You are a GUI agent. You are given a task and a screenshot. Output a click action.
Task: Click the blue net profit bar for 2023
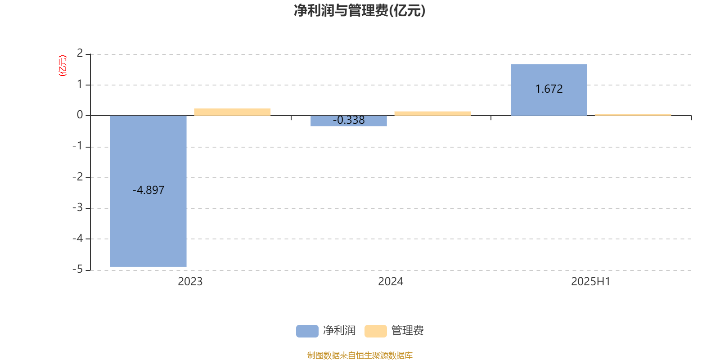point(148,191)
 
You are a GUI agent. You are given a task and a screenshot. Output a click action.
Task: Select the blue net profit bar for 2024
point(348,121)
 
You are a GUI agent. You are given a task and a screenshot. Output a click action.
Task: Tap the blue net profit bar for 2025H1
point(549,90)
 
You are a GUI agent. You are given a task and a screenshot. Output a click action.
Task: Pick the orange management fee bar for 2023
point(232,112)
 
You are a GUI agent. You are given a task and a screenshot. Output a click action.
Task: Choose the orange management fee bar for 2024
point(432,113)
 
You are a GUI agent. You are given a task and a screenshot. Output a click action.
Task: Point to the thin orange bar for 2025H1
point(633,115)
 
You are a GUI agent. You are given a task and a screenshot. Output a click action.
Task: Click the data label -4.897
point(148,190)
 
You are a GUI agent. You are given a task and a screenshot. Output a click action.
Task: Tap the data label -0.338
point(348,120)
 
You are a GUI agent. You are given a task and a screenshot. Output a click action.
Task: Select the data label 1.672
point(549,89)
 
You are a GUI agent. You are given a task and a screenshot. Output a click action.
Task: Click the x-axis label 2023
point(190,282)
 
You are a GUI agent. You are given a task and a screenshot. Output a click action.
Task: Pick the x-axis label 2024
point(390,282)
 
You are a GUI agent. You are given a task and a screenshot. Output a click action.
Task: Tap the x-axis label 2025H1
point(590,282)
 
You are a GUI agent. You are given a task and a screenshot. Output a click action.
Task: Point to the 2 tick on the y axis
point(80,53)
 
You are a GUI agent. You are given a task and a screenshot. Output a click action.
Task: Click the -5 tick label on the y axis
point(77,269)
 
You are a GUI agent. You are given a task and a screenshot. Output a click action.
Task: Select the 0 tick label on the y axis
point(80,115)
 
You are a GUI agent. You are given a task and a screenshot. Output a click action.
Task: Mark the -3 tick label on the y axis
point(77,207)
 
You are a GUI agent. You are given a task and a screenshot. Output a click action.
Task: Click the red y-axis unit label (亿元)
point(63,66)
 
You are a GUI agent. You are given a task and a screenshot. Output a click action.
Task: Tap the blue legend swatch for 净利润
point(307,331)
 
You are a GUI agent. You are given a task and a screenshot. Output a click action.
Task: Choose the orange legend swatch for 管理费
point(375,331)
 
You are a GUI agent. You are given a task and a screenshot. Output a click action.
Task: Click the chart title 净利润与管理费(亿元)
point(360,11)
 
